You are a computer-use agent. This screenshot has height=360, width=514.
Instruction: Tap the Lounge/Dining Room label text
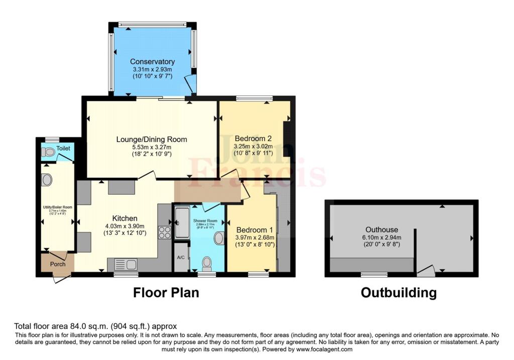[x=152, y=140]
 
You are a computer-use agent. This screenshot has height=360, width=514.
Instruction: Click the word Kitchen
[x=124, y=218]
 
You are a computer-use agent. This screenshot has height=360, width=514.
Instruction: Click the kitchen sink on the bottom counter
[x=125, y=264]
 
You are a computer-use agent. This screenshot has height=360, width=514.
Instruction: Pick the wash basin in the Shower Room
[x=219, y=238]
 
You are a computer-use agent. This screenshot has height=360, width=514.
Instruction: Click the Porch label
[x=58, y=264]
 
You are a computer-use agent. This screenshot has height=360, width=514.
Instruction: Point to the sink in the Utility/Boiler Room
[x=47, y=179]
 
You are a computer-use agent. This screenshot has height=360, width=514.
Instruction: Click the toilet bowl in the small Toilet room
[x=49, y=152]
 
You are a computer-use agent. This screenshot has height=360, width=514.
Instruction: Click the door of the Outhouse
[x=426, y=271]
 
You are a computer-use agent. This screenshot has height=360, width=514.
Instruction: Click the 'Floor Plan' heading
[x=166, y=293]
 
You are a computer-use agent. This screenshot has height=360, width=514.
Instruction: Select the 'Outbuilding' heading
[x=399, y=293]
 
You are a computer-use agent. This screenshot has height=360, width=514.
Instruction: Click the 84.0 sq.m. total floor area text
[x=95, y=326]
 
